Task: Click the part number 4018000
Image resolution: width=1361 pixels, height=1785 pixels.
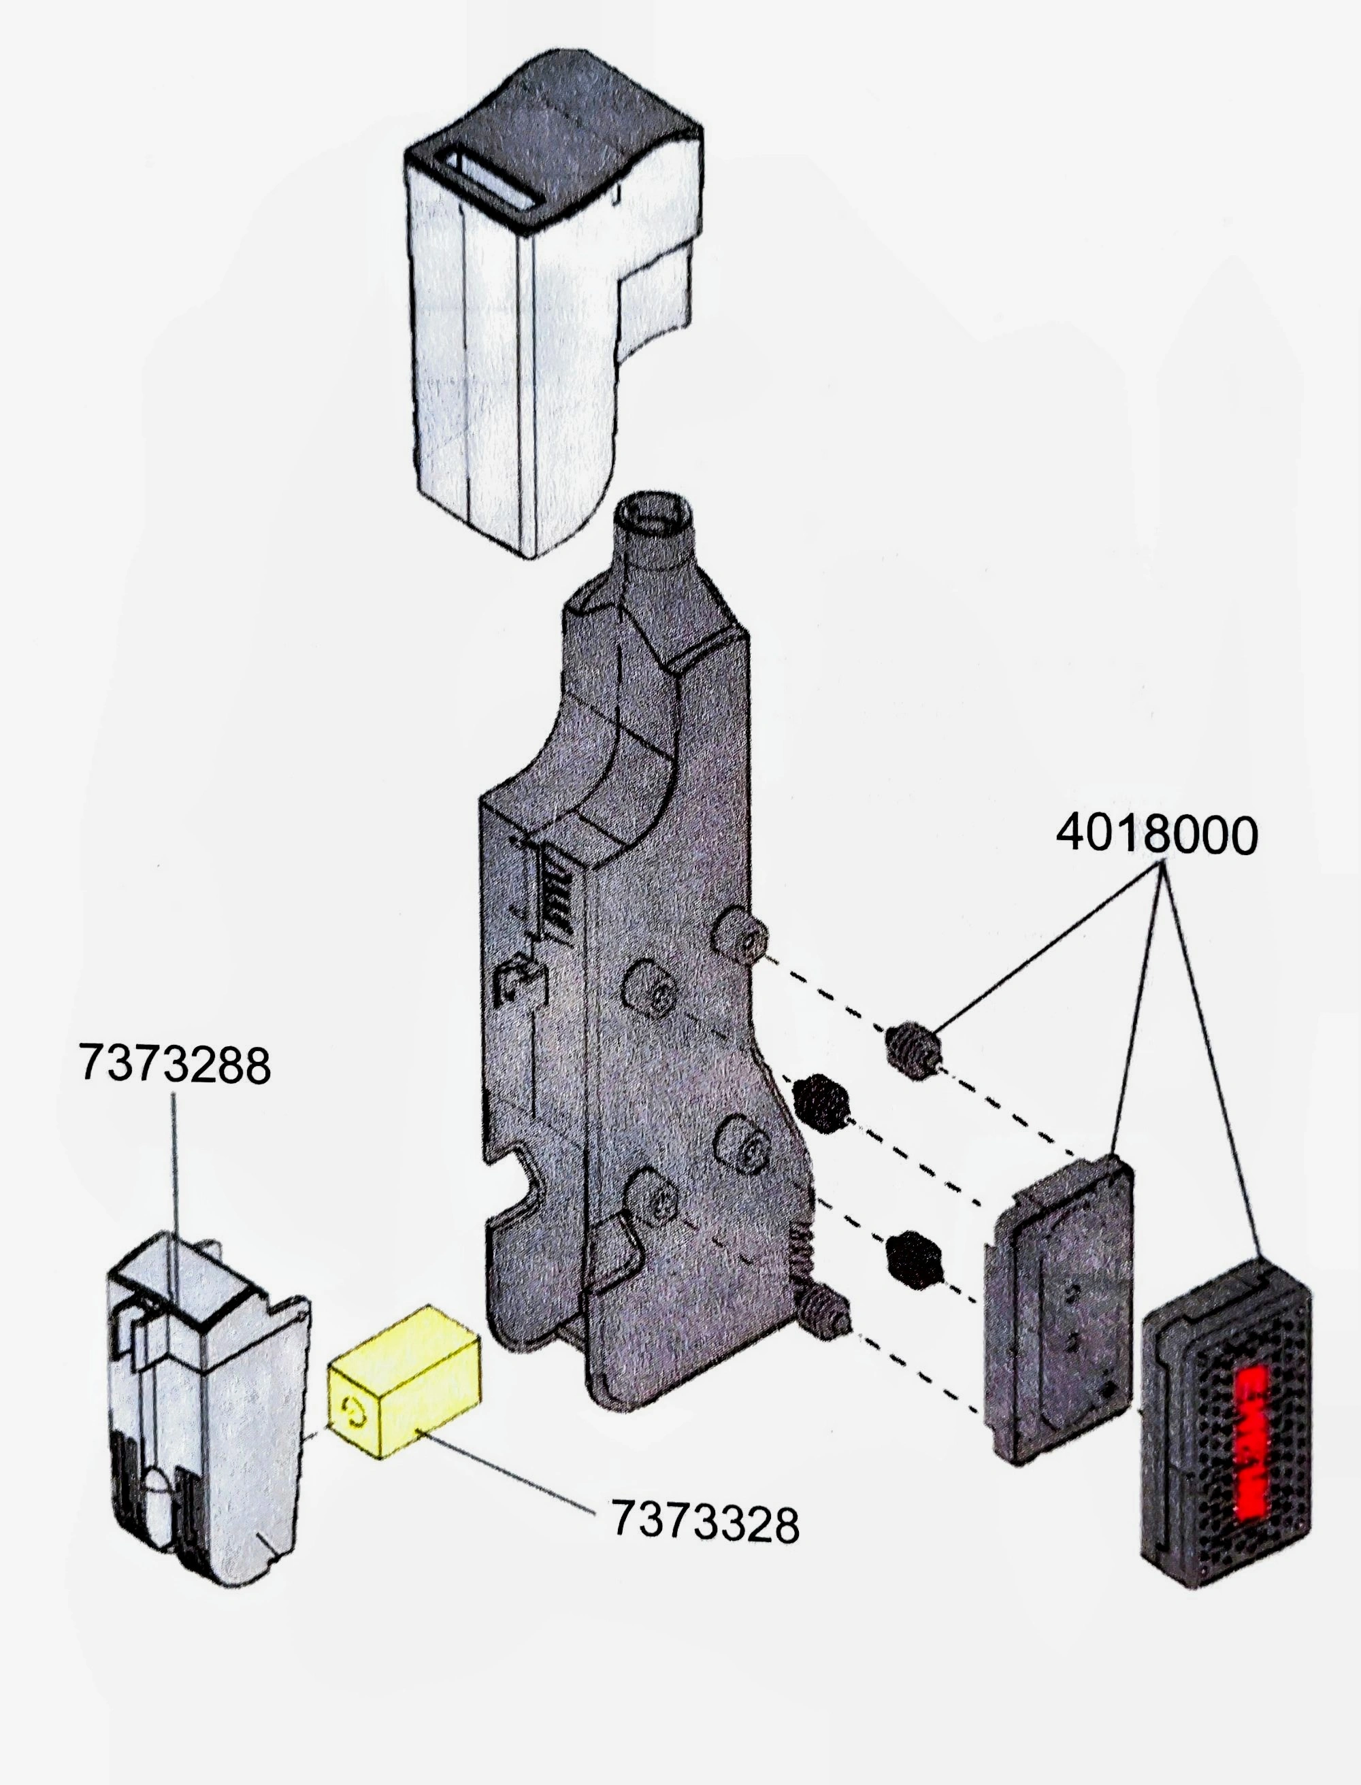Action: [x=1156, y=835]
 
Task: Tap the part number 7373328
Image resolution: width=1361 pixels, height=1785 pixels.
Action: [x=704, y=1522]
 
